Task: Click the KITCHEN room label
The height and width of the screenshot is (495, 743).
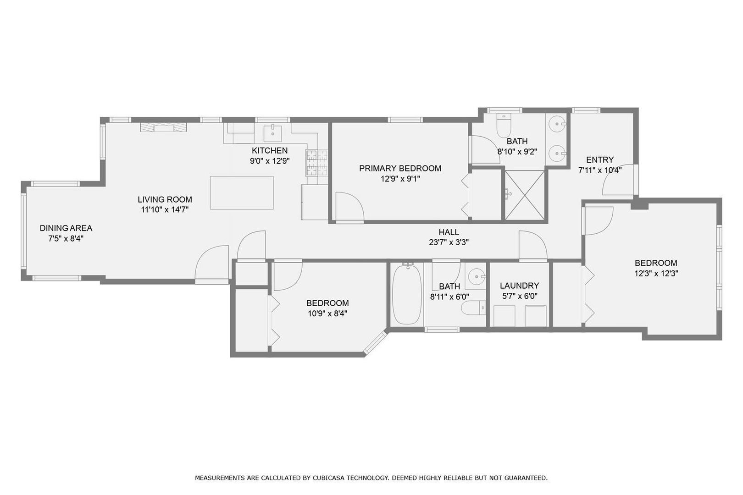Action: tap(270, 150)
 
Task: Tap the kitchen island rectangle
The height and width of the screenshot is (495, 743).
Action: tap(242, 192)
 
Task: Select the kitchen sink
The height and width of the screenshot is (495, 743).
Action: tap(273, 132)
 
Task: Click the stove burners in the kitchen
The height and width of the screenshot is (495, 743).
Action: tap(317, 163)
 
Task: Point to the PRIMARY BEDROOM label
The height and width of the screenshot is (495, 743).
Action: tap(400, 168)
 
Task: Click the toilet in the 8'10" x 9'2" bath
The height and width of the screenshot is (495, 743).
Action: tap(503, 126)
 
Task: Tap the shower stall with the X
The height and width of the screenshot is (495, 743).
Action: tap(525, 195)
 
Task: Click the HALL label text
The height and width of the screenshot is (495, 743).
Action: tap(449, 232)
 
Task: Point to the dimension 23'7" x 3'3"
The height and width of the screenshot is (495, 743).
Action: tap(449, 242)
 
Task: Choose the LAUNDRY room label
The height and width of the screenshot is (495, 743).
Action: tap(519, 286)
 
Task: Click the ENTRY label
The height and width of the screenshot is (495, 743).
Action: tap(599, 159)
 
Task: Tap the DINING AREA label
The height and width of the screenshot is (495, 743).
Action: tap(66, 228)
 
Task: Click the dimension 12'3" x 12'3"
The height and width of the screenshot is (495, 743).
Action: tap(656, 273)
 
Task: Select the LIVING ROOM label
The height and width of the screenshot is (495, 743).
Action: tap(165, 199)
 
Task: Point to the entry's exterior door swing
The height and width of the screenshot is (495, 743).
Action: tap(617, 181)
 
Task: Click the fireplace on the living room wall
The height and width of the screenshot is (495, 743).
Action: tap(164, 127)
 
